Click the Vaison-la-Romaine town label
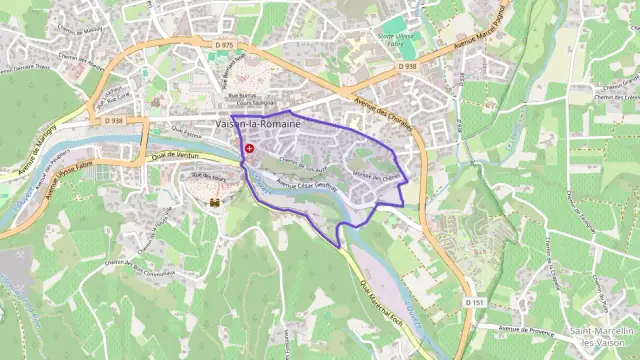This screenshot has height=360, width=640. [x=258, y=123]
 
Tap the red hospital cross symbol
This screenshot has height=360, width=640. [x=249, y=148]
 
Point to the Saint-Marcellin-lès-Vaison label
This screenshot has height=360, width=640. [x=600, y=336]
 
